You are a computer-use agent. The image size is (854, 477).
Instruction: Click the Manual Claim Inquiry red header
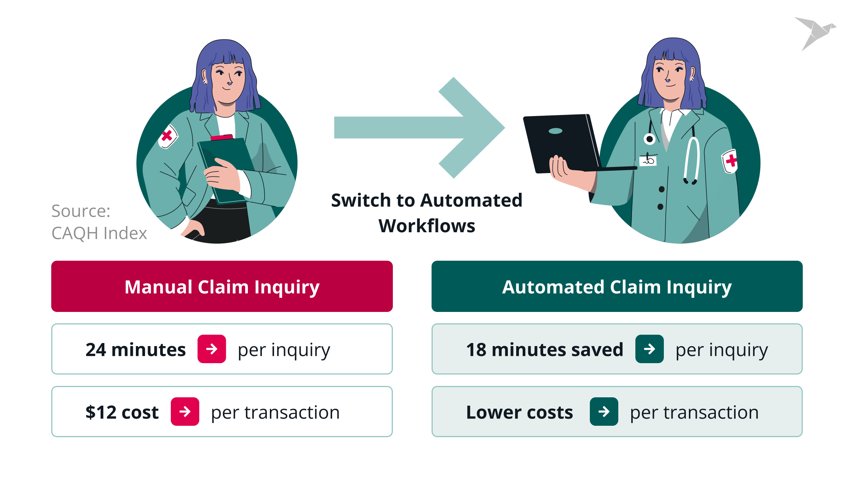(x=222, y=287)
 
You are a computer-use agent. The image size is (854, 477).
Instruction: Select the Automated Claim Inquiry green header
(x=617, y=287)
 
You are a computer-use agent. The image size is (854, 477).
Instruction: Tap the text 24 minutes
(x=136, y=349)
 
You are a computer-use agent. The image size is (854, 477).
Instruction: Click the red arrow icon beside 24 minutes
(x=212, y=349)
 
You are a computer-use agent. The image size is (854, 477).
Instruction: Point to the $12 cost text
(x=122, y=412)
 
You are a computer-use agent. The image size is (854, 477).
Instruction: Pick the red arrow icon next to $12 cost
(x=185, y=412)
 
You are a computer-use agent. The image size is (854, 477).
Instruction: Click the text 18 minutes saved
(x=545, y=349)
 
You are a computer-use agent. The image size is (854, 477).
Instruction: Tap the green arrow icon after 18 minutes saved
(x=649, y=349)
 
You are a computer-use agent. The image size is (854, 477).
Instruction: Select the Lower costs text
(x=519, y=412)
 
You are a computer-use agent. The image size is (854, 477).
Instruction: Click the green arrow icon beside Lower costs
(x=604, y=412)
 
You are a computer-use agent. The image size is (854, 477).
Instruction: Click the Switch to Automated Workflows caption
(x=427, y=213)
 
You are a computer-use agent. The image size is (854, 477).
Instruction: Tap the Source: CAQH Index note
(x=99, y=222)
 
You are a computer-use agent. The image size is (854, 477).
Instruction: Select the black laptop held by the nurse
(x=562, y=142)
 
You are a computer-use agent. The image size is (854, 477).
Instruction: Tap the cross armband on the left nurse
(x=167, y=136)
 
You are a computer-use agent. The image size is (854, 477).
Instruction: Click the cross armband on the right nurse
(x=730, y=161)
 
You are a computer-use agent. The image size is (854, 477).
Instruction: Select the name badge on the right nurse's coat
(x=648, y=160)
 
